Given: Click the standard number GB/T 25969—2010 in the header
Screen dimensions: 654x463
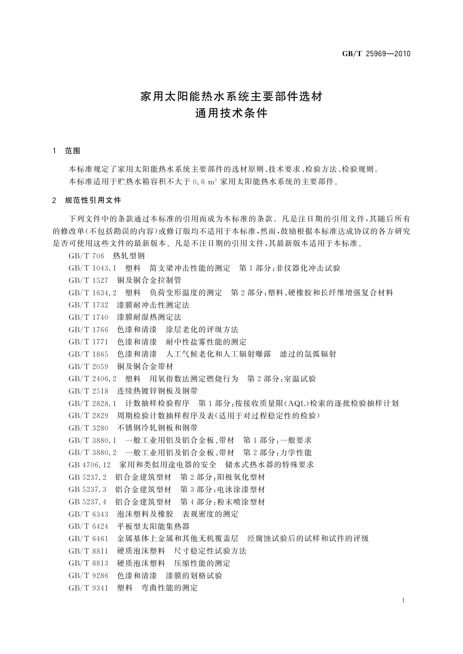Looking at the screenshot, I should pos(376,54).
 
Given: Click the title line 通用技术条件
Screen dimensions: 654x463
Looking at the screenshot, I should pos(231,114).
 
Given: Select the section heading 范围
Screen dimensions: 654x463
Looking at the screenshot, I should pos(73,151).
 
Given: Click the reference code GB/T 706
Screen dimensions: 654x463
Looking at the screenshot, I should pos(86,256).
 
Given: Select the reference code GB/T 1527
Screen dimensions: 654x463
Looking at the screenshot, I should pos(88,280).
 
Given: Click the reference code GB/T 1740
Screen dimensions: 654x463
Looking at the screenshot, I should pos(88,317).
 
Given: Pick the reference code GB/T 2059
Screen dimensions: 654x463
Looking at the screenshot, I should pos(88,367).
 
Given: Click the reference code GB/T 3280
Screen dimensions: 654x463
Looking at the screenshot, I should pos(88,428).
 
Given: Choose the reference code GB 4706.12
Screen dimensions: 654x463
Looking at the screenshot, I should pos(89,465).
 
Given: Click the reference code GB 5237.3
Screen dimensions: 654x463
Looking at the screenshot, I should pos(87,489).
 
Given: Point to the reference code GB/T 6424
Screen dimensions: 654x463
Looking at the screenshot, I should pos(88,526).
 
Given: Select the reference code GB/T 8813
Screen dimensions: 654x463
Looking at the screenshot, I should pos(88,563).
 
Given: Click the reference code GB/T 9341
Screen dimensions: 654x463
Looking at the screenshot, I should pos(88,588).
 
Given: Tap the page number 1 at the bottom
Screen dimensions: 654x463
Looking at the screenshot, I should pos(404,600).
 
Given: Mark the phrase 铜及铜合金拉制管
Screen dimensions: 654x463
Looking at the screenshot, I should pos(149,280).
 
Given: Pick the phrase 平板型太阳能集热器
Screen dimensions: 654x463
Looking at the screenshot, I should pos(153,526).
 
